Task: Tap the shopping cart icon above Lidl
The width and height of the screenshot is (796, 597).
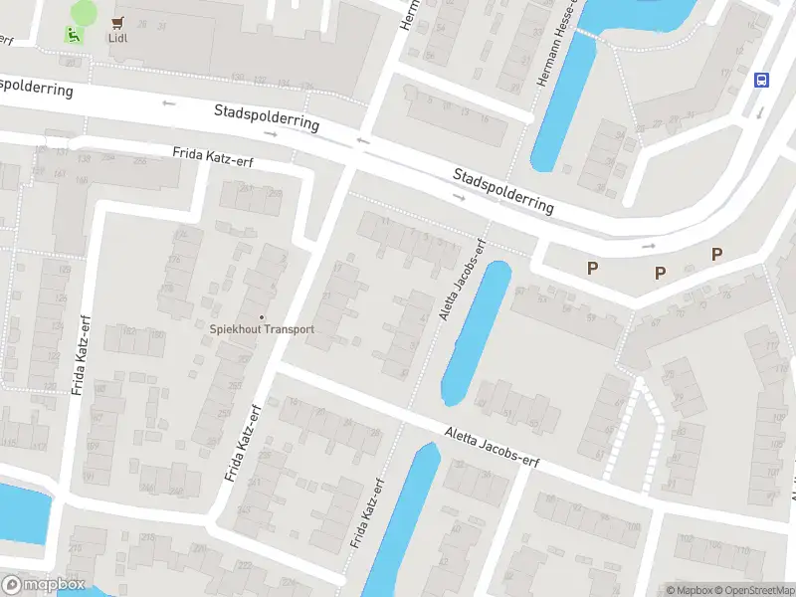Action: coord(117,22)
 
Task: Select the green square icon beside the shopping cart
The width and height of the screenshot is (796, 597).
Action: coord(72,35)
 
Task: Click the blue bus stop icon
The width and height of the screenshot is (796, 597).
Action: coord(762,82)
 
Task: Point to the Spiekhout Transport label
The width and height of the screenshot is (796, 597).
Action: coord(262,329)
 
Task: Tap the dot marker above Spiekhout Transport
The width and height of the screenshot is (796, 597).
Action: coord(262,316)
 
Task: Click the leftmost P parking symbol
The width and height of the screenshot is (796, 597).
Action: coord(593,268)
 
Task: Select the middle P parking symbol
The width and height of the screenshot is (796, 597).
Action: coord(659,273)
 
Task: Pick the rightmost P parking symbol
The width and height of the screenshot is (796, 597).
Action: coord(716,255)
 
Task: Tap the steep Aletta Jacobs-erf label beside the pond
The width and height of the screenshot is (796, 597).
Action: coord(463,280)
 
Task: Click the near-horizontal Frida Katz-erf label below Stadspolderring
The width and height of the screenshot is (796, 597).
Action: coord(213,157)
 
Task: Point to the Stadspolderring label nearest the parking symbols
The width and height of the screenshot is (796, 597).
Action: coord(502,189)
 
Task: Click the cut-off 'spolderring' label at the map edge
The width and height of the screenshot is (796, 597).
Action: coord(38,87)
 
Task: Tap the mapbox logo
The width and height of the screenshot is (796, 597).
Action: coord(44,584)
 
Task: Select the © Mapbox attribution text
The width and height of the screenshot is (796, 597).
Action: coord(687,590)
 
